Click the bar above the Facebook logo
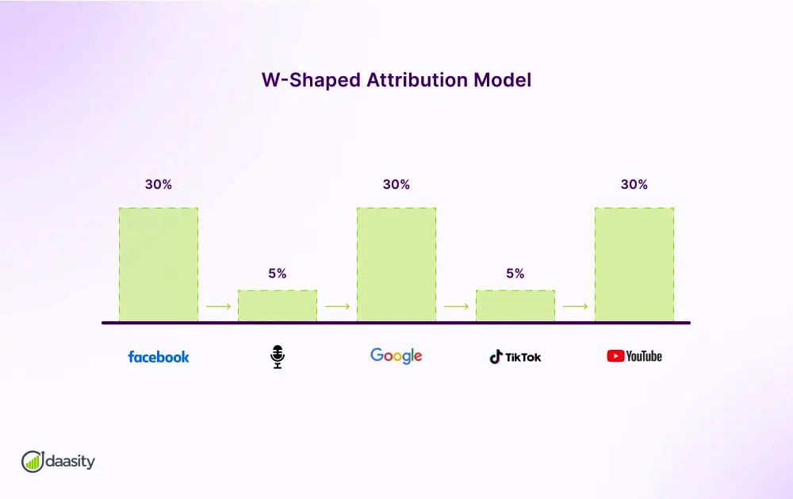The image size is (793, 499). tap(159, 265)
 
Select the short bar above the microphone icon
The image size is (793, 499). tap(278, 306)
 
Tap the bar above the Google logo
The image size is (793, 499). tap(396, 265)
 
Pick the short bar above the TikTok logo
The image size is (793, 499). tap(515, 306)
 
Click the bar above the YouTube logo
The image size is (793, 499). tap(634, 265)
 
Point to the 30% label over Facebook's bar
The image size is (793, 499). tap(159, 184)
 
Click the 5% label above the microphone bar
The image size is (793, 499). tap(278, 274)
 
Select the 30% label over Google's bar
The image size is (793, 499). tap(396, 184)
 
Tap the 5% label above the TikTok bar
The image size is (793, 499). tap(515, 274)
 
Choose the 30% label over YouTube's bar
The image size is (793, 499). tap(634, 184)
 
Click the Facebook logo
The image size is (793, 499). tap(159, 357)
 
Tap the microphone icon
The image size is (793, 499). tap(277, 357)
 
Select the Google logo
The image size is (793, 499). tap(396, 356)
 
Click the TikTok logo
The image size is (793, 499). tap(515, 357)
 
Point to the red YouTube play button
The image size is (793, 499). tap(615, 356)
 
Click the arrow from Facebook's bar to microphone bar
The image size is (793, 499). tap(218, 306)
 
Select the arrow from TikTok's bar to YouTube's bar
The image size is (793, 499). tap(575, 306)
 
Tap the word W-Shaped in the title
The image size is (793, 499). tap(311, 80)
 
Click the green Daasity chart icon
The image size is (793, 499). tap(33, 461)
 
